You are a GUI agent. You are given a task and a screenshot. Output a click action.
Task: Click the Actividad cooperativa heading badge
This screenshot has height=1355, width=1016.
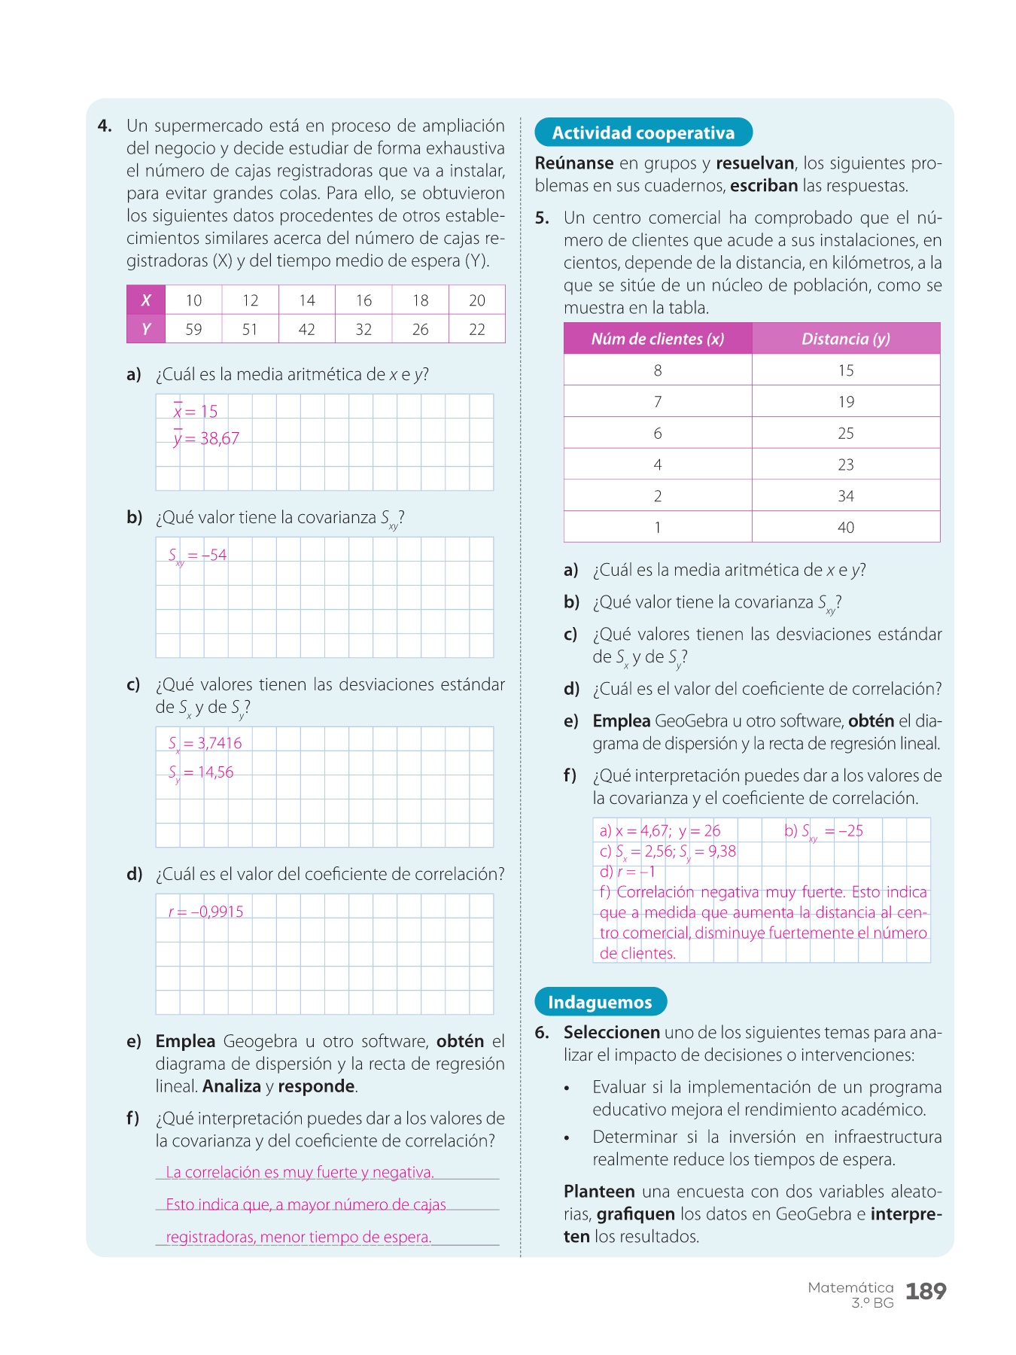(x=643, y=132)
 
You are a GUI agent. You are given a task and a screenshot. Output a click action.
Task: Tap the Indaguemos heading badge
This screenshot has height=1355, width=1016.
(x=600, y=1002)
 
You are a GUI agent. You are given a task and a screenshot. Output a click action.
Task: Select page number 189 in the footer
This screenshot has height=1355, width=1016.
(x=925, y=1292)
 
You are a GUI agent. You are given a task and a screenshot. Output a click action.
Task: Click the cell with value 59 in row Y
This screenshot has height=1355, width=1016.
(x=193, y=329)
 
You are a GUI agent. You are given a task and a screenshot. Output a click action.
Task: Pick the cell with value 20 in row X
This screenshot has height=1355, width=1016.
(x=476, y=300)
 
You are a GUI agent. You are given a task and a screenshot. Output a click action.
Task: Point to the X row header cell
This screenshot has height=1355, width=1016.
(x=146, y=300)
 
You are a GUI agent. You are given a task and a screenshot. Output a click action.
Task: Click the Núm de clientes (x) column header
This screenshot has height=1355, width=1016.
(x=658, y=339)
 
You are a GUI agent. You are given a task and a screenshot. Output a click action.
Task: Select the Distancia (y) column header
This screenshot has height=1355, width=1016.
(x=846, y=339)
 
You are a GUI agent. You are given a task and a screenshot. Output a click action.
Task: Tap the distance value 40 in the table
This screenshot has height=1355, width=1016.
(x=846, y=527)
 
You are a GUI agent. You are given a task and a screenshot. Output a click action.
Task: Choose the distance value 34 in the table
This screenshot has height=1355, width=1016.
(x=846, y=496)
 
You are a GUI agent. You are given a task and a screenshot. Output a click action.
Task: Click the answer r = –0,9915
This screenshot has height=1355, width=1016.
(x=206, y=912)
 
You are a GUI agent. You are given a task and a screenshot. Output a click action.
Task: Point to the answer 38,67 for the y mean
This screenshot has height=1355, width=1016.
(x=219, y=438)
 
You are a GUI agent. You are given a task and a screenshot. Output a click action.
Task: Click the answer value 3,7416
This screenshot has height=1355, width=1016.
(x=219, y=743)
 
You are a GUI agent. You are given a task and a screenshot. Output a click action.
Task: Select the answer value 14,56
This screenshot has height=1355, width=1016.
(x=215, y=772)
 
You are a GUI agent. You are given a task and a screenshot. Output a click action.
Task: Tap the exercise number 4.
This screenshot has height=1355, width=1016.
(x=105, y=126)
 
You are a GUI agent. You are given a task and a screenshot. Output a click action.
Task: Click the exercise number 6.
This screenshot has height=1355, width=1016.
(x=542, y=1033)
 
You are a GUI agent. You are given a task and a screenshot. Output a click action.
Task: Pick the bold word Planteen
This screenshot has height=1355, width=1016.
(x=599, y=1192)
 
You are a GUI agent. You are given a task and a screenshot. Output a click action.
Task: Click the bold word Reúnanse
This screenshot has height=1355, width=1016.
(x=574, y=163)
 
